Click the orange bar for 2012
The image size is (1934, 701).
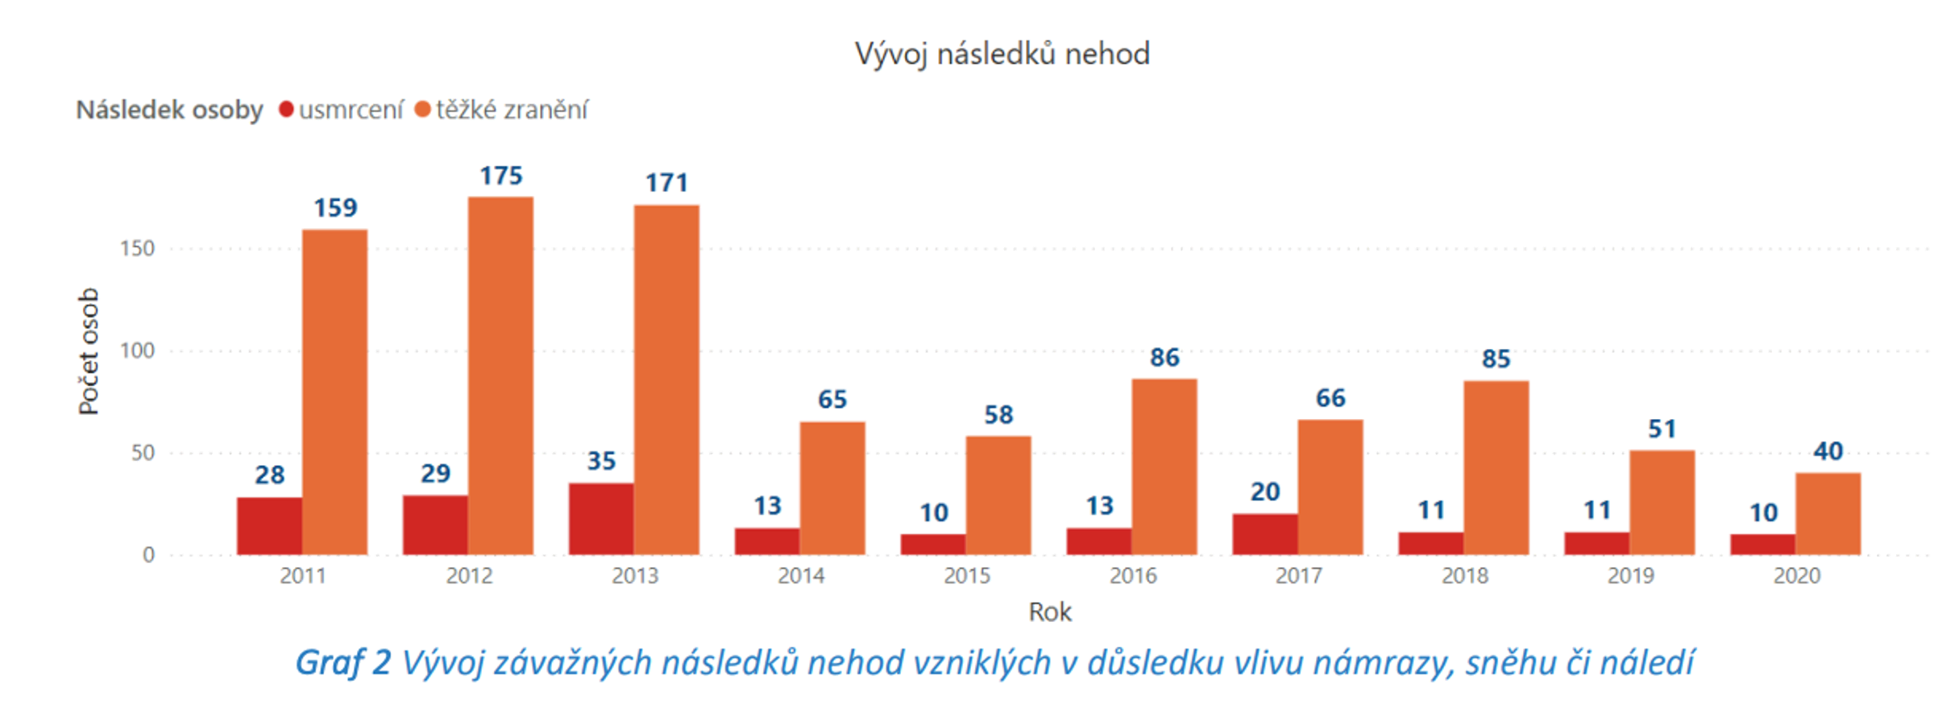pyautogui.click(x=500, y=375)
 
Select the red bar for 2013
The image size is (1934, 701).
pyautogui.click(x=601, y=519)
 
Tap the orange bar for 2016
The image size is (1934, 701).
pyautogui.click(x=1164, y=467)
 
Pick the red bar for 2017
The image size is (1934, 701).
pyautogui.click(x=1264, y=534)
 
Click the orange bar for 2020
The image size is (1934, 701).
pyautogui.click(x=1828, y=513)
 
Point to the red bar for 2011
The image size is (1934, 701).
pyautogui.click(x=269, y=526)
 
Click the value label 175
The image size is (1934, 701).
pyautogui.click(x=500, y=176)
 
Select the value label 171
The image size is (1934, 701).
pyautogui.click(x=666, y=183)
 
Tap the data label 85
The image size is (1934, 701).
pyautogui.click(x=1496, y=359)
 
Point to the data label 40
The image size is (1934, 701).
pyautogui.click(x=1828, y=451)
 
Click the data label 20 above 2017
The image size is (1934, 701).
pyautogui.click(x=1264, y=492)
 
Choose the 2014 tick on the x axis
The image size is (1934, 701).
pyautogui.click(x=801, y=576)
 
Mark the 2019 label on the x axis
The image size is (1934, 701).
pyautogui.click(x=1630, y=576)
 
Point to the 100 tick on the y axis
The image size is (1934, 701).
pyautogui.click(x=137, y=350)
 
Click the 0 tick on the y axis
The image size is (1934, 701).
pyautogui.click(x=148, y=554)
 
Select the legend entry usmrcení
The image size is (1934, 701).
pyautogui.click(x=351, y=110)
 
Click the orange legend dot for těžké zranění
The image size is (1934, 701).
pyautogui.click(x=422, y=109)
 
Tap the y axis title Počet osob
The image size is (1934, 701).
pyautogui.click(x=88, y=351)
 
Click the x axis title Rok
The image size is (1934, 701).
pyautogui.click(x=1049, y=612)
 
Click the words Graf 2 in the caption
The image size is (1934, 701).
pyautogui.click(x=342, y=663)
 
